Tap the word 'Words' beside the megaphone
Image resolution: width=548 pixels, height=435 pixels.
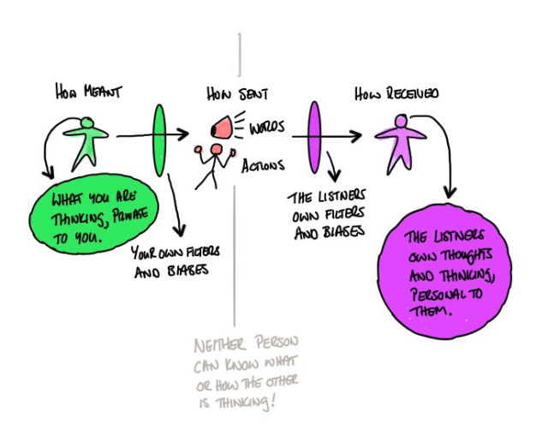[x=268, y=129]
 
